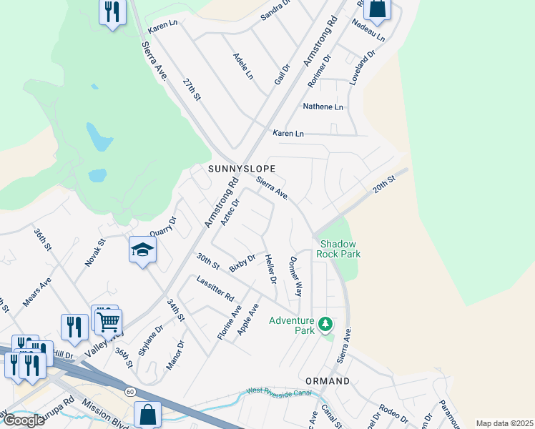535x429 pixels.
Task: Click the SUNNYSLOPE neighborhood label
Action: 241,169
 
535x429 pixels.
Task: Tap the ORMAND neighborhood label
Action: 327,381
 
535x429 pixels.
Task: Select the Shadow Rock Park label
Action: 340,249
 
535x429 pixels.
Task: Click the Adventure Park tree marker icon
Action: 325,325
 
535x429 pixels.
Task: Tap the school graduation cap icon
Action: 142,250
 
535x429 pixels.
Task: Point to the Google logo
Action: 24,420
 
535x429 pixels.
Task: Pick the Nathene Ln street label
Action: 323,107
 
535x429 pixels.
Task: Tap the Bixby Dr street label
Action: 242,263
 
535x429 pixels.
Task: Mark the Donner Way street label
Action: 295,277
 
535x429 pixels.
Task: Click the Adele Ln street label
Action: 243,66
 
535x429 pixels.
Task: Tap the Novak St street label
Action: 95,253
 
